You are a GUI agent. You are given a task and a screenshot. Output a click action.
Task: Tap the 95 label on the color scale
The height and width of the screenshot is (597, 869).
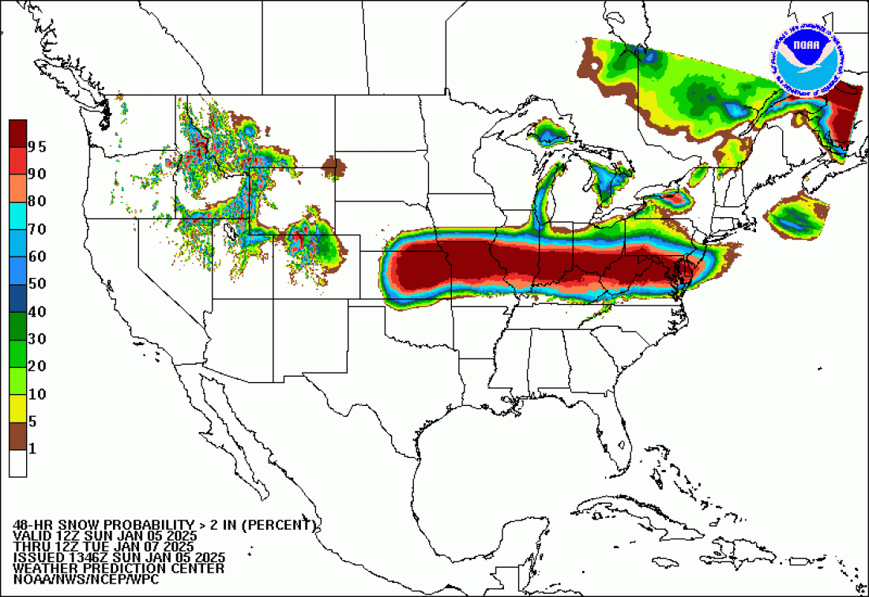tap(36, 146)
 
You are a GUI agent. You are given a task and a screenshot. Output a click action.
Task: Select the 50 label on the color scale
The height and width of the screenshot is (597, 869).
tap(36, 283)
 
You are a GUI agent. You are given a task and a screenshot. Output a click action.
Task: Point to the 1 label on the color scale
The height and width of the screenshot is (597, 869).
tap(32, 449)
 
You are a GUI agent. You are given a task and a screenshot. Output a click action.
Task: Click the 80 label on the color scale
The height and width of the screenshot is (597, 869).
tap(36, 201)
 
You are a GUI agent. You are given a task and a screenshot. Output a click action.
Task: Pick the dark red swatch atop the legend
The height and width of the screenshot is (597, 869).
tap(17, 133)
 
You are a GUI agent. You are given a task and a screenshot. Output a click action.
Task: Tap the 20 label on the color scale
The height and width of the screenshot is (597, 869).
tap(36, 366)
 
